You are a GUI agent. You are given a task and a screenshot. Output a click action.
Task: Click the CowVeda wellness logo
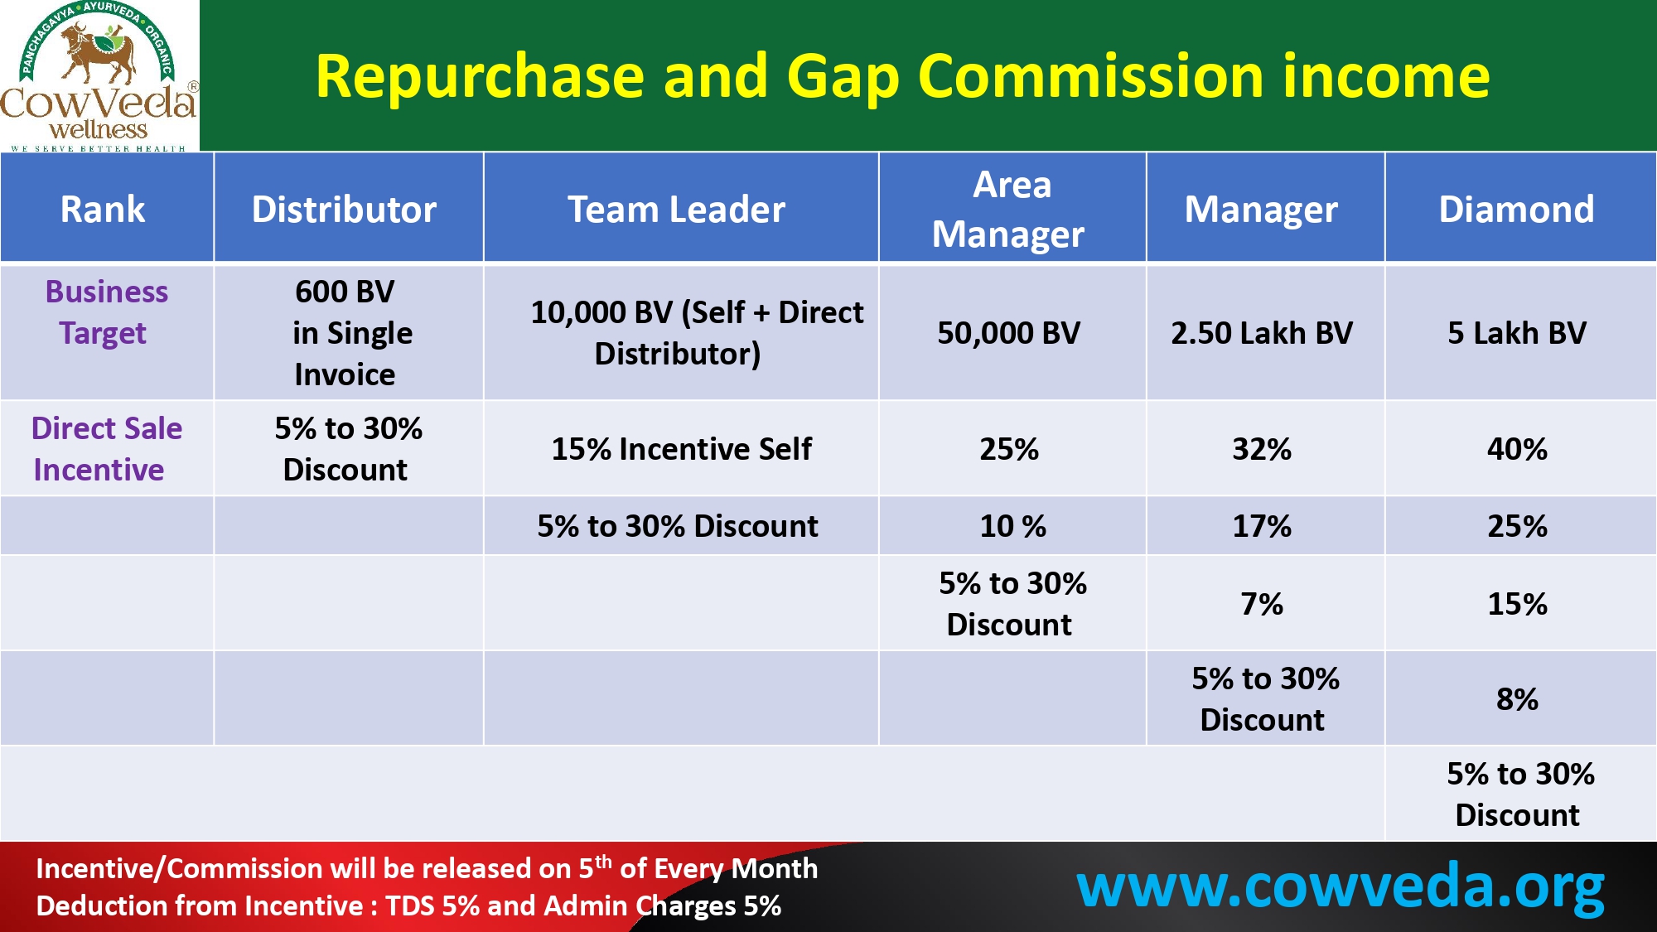coord(99,76)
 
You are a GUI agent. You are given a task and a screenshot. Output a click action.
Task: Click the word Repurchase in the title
coord(480,77)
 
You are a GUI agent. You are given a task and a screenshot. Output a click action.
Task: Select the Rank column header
coord(103,209)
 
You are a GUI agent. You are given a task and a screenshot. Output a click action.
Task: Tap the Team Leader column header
coord(676,209)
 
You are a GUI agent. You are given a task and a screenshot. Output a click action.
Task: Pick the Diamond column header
coord(1516,209)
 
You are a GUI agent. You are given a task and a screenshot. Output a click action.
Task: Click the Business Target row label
coord(105,312)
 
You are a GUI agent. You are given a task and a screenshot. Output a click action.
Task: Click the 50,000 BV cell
coord(1009,333)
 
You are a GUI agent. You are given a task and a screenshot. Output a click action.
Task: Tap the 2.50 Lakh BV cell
coord(1262,333)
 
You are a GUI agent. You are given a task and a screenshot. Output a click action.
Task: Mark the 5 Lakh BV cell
coord(1517,333)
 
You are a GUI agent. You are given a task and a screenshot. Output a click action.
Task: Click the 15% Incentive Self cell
coord(681,449)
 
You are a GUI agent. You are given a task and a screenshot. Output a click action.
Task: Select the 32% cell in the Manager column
coord(1262,449)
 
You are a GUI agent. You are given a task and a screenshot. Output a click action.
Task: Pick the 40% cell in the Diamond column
coord(1517,449)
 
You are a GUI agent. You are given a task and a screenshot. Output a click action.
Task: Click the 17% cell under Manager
coord(1262,526)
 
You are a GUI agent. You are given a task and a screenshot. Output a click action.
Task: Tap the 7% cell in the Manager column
coord(1262,604)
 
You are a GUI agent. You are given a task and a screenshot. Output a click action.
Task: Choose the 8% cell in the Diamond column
coord(1517,699)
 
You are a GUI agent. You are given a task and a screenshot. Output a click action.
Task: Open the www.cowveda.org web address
coord(1340,888)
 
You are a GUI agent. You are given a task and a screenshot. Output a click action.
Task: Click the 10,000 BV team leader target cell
coord(696,333)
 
